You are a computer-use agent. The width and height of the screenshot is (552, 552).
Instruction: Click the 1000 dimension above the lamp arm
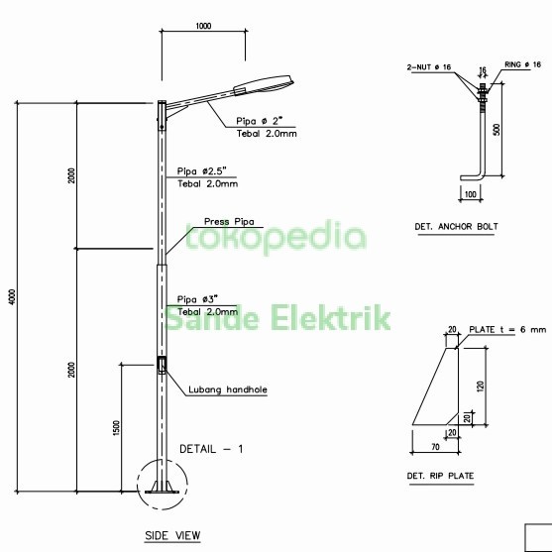coord(203,26)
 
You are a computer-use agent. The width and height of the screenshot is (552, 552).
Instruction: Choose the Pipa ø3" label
coord(199,298)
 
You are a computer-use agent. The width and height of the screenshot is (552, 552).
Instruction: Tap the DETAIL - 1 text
coord(211,449)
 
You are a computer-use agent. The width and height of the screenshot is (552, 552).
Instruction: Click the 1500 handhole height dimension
coord(116,428)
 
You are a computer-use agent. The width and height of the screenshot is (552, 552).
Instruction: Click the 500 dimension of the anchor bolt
coord(497,128)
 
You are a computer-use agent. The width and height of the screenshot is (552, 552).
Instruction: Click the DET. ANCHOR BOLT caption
coord(455,227)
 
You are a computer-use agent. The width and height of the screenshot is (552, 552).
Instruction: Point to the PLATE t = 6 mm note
coord(510,330)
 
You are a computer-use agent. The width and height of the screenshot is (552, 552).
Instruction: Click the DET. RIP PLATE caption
coord(439,477)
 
